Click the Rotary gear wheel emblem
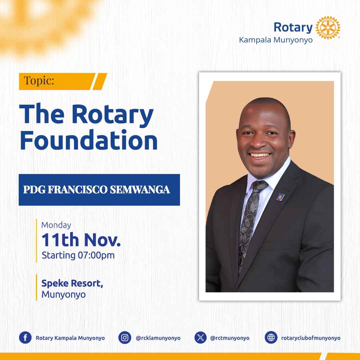(x=328, y=28)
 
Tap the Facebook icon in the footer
(x=25, y=337)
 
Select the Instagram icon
(x=125, y=337)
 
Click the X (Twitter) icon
(x=200, y=337)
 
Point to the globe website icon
(x=271, y=337)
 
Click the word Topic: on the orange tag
(x=39, y=81)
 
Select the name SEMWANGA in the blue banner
(x=140, y=190)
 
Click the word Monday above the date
(x=56, y=225)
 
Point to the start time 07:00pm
(x=96, y=255)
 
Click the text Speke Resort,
(x=72, y=283)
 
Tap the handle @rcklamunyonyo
(x=158, y=338)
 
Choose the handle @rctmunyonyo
(x=230, y=338)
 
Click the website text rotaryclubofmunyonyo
(x=311, y=338)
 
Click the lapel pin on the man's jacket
(x=280, y=197)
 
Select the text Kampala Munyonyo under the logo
(x=276, y=40)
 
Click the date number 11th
(x=60, y=240)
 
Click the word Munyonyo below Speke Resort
(x=64, y=295)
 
